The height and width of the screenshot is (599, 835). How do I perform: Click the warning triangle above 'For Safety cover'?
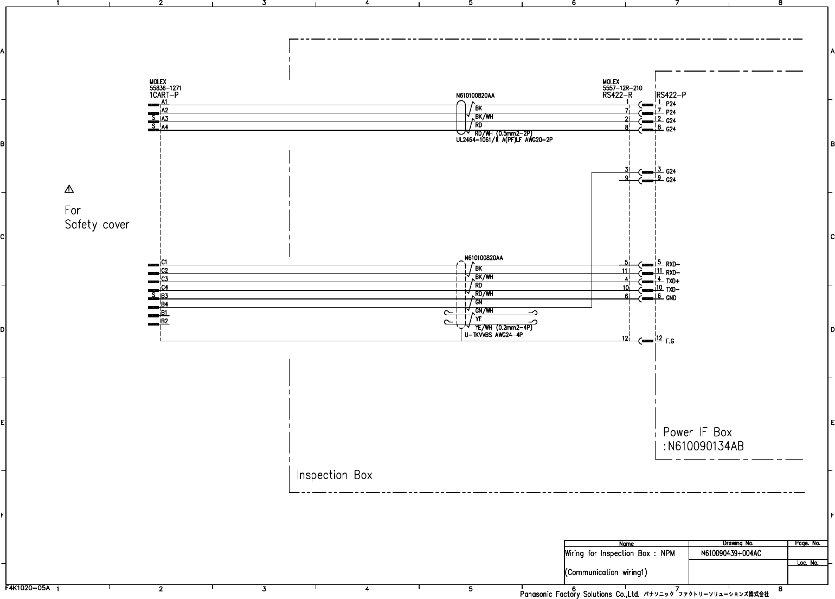(x=69, y=189)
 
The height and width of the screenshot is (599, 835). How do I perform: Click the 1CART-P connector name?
(x=164, y=95)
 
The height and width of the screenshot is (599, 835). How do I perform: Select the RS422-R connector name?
(x=617, y=95)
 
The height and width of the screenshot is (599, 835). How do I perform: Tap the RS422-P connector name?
(x=671, y=95)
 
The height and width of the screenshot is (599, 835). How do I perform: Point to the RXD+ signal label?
(x=673, y=265)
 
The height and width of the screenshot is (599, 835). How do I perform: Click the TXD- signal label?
(x=673, y=290)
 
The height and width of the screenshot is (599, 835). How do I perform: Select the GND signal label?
(x=671, y=298)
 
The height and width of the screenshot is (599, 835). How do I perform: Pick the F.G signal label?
(x=670, y=341)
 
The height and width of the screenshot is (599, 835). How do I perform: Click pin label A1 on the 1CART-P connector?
(x=164, y=101)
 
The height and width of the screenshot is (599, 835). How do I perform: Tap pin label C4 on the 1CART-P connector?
(x=164, y=288)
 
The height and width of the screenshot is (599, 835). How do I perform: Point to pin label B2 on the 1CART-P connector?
(x=164, y=321)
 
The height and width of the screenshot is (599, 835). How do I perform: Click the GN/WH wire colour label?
(x=484, y=311)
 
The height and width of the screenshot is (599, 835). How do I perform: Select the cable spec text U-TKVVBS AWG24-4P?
(x=493, y=335)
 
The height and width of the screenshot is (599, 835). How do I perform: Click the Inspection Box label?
(x=335, y=475)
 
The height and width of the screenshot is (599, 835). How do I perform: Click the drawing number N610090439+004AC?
(x=731, y=553)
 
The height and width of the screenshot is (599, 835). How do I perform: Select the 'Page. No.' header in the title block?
(x=807, y=543)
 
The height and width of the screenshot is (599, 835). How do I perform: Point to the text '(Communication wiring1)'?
(x=606, y=572)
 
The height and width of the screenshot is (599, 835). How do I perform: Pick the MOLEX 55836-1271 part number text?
(x=165, y=88)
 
